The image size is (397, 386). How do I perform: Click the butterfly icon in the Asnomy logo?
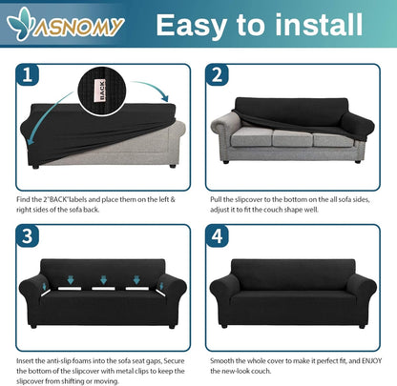coord(21,23)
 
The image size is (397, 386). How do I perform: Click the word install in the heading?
coord(319,25)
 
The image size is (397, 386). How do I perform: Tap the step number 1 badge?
coord(28,75)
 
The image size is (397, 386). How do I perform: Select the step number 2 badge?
coord(217,75)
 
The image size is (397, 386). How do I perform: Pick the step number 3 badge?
coord(28,236)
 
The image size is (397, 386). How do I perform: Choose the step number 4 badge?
coord(217,236)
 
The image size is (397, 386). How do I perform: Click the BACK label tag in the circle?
coord(101,91)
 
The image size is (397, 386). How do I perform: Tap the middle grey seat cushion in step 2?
coord(293,138)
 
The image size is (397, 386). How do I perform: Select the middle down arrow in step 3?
coord(103,280)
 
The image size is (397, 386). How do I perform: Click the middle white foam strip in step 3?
coord(103,289)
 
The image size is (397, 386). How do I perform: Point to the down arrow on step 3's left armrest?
coord(44,287)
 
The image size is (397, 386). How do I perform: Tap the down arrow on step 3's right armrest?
coord(161,286)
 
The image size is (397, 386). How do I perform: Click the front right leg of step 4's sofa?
coord(362,326)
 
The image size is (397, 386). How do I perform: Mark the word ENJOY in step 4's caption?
coord(371,360)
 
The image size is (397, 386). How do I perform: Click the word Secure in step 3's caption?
coord(175,360)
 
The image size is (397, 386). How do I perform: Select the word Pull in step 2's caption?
coord(216,199)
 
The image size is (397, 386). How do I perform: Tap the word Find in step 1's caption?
coord(23,199)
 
